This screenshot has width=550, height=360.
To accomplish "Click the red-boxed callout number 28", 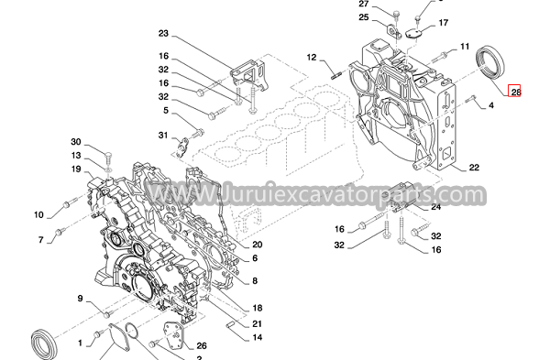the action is pos(515,92).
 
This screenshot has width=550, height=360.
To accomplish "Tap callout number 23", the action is pos(163,34).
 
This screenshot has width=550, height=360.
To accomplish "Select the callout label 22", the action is pos(474,168).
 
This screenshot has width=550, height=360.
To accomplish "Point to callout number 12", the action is pos(312,57).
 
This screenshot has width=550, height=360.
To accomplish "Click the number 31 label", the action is pos(163,136).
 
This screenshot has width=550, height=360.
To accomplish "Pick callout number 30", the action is pos(76,142).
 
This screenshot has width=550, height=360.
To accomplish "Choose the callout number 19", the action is pos(76,169).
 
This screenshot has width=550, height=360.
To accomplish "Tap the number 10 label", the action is pos(38,215).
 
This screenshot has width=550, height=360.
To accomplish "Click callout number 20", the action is pos(257,245).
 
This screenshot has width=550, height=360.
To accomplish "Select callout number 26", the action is pos(202,346).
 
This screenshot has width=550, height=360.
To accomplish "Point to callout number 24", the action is pos(435,207).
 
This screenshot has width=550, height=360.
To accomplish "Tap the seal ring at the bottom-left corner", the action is pos(44,344).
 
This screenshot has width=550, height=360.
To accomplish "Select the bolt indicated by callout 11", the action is pos(439,56).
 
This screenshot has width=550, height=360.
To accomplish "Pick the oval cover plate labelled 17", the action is pos(414,33).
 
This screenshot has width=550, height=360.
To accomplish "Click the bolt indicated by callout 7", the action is pos(61,231).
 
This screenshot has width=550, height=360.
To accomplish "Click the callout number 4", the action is pos(491,105).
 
